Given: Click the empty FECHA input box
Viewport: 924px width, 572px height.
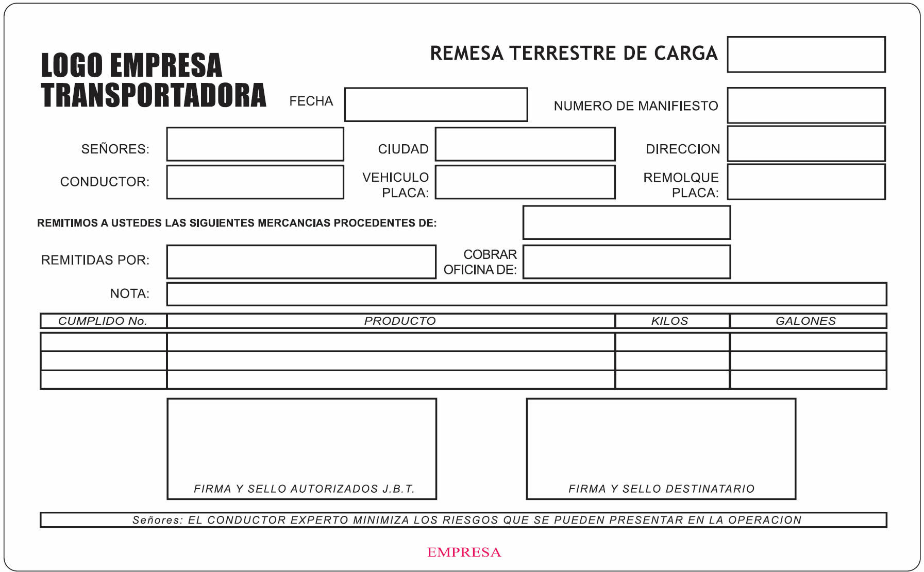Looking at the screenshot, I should pos(435,105).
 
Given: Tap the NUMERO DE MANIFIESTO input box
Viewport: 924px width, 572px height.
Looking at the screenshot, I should pos(806,105).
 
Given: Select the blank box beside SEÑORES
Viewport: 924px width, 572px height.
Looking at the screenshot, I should pos(255,144).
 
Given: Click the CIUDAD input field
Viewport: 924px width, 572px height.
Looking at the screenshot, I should pos(525,144).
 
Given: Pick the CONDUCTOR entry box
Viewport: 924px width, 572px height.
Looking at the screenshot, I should pos(255,182).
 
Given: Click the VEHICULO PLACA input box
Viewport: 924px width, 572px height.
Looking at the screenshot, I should pos(525,182).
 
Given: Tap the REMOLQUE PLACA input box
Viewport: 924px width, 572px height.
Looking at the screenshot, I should pos(806,182).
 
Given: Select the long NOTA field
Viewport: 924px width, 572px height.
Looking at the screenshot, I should pos(526,294).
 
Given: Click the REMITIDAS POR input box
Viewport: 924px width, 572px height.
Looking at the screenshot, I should pos(301,262).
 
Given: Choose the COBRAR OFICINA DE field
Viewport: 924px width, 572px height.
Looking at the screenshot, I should pos(626,262).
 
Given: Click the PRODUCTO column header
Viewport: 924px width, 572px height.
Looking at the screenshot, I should pos(400,321).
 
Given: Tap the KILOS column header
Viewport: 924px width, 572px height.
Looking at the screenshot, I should pos(669,321).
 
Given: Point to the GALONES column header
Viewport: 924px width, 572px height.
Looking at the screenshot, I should pos(805,321).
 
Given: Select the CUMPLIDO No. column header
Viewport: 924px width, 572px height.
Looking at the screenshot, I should pos(103,321).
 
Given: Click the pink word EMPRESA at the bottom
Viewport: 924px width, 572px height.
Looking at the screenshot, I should pos(464,552).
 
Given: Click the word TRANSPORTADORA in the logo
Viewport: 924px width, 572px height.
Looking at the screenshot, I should pos(154,95).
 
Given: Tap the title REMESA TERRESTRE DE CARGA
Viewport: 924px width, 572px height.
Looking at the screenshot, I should pos(574,53).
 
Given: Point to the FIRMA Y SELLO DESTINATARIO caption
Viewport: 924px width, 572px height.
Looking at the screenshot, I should pos(661,489).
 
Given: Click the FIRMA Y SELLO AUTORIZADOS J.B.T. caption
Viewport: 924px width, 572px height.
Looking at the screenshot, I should pos(304,489).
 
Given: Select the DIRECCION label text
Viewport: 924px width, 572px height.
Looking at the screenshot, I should pos(683,149).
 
